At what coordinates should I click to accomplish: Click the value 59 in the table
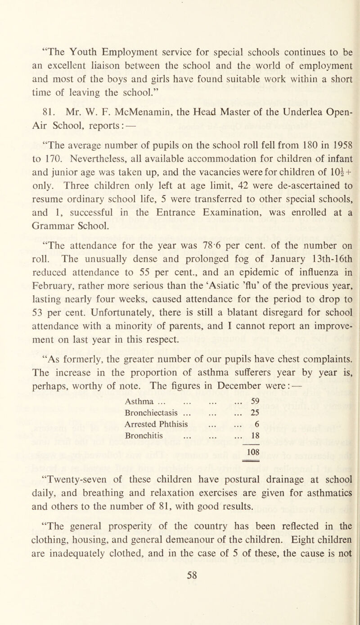[x=252, y=426]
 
